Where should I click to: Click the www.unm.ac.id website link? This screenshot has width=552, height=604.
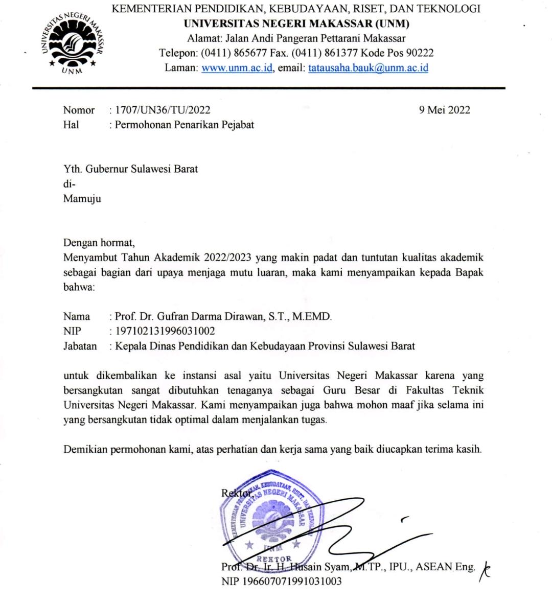point(237,67)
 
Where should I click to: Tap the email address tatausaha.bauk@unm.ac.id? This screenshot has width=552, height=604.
point(368,67)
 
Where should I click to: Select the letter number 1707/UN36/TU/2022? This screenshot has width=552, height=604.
point(163,110)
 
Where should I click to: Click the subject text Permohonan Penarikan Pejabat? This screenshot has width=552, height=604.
point(184,125)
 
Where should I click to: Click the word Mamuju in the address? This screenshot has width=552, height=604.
point(82,199)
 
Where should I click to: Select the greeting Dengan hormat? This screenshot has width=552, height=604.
point(99,243)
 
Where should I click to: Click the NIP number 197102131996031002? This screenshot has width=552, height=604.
point(165,331)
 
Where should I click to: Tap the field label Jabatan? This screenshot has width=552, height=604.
point(80,346)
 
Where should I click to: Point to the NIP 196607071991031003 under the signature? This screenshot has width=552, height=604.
point(282,581)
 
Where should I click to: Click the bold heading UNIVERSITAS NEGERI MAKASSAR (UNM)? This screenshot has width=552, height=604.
point(296,24)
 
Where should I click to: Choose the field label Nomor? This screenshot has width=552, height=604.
point(79,110)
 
